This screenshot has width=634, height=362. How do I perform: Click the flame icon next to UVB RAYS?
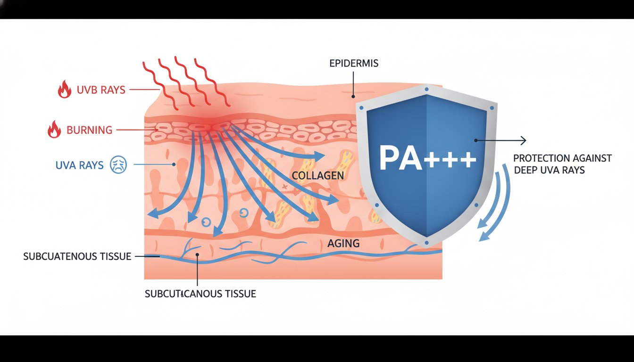point(65,89)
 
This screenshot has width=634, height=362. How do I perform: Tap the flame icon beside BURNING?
point(54,130)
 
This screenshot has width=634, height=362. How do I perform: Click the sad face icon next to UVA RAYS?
point(118,165)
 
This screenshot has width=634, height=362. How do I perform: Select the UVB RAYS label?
point(101,90)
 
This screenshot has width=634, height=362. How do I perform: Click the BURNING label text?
point(90,130)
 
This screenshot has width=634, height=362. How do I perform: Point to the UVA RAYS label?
point(79,165)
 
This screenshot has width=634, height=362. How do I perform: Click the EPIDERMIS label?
point(354,63)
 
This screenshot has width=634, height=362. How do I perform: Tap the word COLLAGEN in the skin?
point(317,176)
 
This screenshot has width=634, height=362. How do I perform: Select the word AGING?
point(343,244)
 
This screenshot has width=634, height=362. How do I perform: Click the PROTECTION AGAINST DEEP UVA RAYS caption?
point(562,164)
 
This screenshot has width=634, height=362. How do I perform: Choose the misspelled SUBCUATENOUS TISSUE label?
point(77,257)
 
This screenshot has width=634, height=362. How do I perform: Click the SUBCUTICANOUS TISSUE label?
point(200,294)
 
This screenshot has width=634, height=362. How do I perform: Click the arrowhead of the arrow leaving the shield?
point(523,140)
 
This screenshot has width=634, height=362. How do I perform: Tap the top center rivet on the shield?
point(426,89)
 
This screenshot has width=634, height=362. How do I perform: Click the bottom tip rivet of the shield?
point(426,243)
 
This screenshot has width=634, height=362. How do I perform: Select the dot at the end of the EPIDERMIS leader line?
point(353,97)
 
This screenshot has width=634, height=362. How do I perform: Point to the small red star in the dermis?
point(284,187)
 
